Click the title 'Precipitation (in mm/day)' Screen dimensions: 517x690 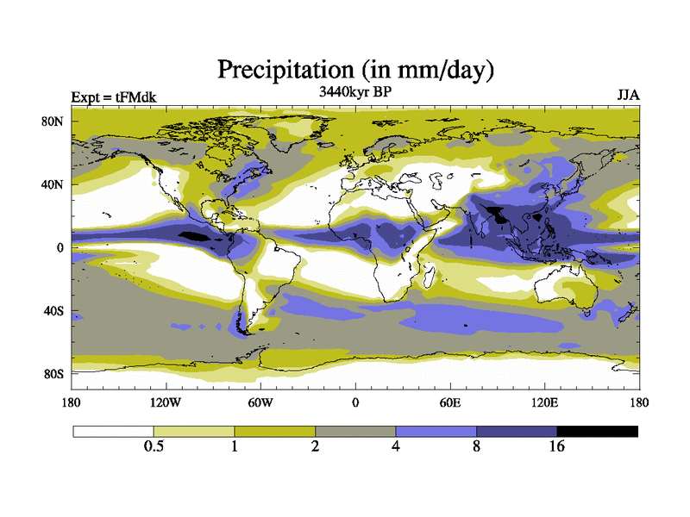354,68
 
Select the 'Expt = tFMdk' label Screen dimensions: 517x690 113,97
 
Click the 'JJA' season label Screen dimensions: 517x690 628,95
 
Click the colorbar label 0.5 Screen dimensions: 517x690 154,447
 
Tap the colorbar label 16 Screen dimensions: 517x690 557,447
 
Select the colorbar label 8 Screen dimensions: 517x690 476,447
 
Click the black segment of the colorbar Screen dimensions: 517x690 597,431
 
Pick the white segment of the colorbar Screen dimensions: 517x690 113,431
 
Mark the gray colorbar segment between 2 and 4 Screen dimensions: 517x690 355,431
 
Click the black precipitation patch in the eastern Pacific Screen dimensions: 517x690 193,235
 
